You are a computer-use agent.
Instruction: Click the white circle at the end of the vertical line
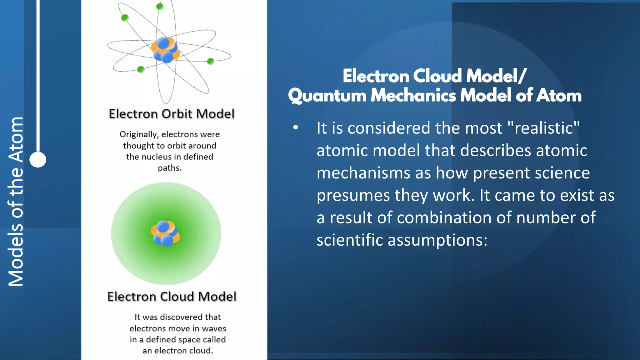coord(38,160)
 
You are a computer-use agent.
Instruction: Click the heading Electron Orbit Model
coord(172,114)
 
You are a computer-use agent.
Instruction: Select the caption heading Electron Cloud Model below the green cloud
coord(172,297)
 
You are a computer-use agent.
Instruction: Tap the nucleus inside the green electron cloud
coord(165,233)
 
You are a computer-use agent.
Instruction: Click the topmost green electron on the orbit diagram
coord(160,6)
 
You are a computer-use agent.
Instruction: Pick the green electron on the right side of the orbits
coord(211,61)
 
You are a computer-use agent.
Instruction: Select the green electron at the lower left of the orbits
coord(141,69)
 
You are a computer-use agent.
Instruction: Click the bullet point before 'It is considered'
coord(296,128)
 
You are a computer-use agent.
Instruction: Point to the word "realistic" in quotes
coord(544,128)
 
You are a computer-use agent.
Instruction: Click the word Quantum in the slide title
coord(327,96)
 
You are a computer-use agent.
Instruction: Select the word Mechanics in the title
coord(413,96)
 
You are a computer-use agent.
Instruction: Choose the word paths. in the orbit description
coord(169,168)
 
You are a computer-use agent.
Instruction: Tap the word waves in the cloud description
coord(214,329)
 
